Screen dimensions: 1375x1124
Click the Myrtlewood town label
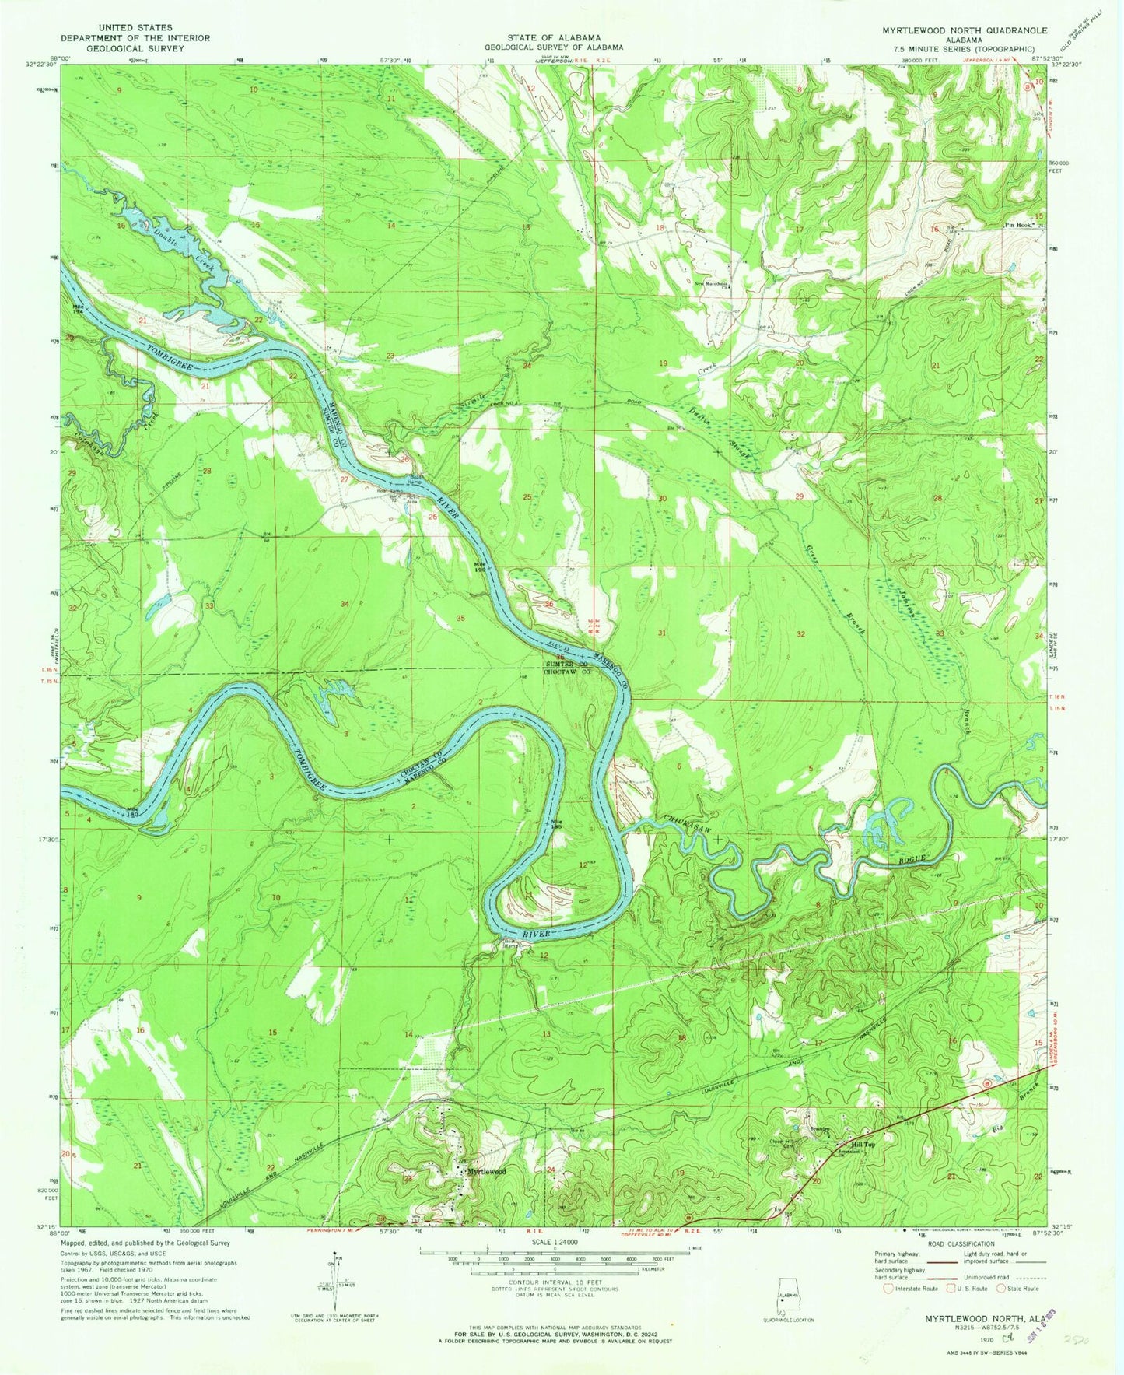pos(486,1171)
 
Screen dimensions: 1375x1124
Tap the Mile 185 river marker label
pos(557,825)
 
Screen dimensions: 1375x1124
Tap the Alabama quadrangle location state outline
pos(787,1295)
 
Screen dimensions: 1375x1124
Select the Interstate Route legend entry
pos(903,1288)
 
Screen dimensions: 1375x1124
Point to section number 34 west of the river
pos(345,604)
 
